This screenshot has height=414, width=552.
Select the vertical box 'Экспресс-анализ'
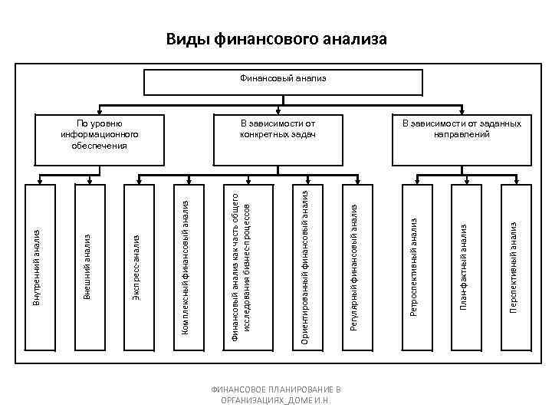coord(136,264)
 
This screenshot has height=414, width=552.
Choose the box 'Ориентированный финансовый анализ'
coord(304,264)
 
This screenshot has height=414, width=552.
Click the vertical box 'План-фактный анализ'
coord(463,264)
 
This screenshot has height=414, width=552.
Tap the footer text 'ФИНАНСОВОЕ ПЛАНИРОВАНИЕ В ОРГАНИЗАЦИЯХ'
coord(276,396)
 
